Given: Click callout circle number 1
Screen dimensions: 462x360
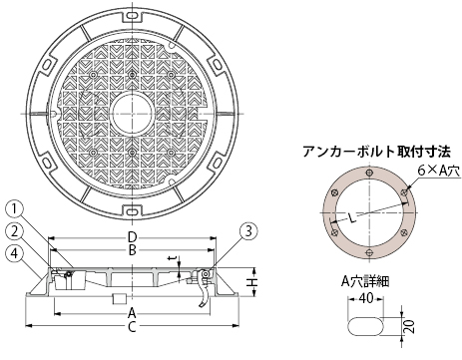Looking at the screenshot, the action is tap(14, 210).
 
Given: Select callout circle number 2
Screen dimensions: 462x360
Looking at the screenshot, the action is tap(14, 231).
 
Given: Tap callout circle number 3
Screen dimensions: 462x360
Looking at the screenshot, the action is tap(248, 231).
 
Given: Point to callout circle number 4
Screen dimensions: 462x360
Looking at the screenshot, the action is tap(14, 253).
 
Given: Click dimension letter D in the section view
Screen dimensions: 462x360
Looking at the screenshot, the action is tap(132, 237).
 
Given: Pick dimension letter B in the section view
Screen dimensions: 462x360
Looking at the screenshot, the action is tap(132, 250).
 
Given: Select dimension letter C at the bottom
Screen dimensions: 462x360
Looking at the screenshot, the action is tap(132, 327).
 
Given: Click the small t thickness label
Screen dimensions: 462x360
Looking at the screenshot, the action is tap(172, 258).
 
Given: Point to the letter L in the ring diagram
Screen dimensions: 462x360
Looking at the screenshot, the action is tap(353, 218).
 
